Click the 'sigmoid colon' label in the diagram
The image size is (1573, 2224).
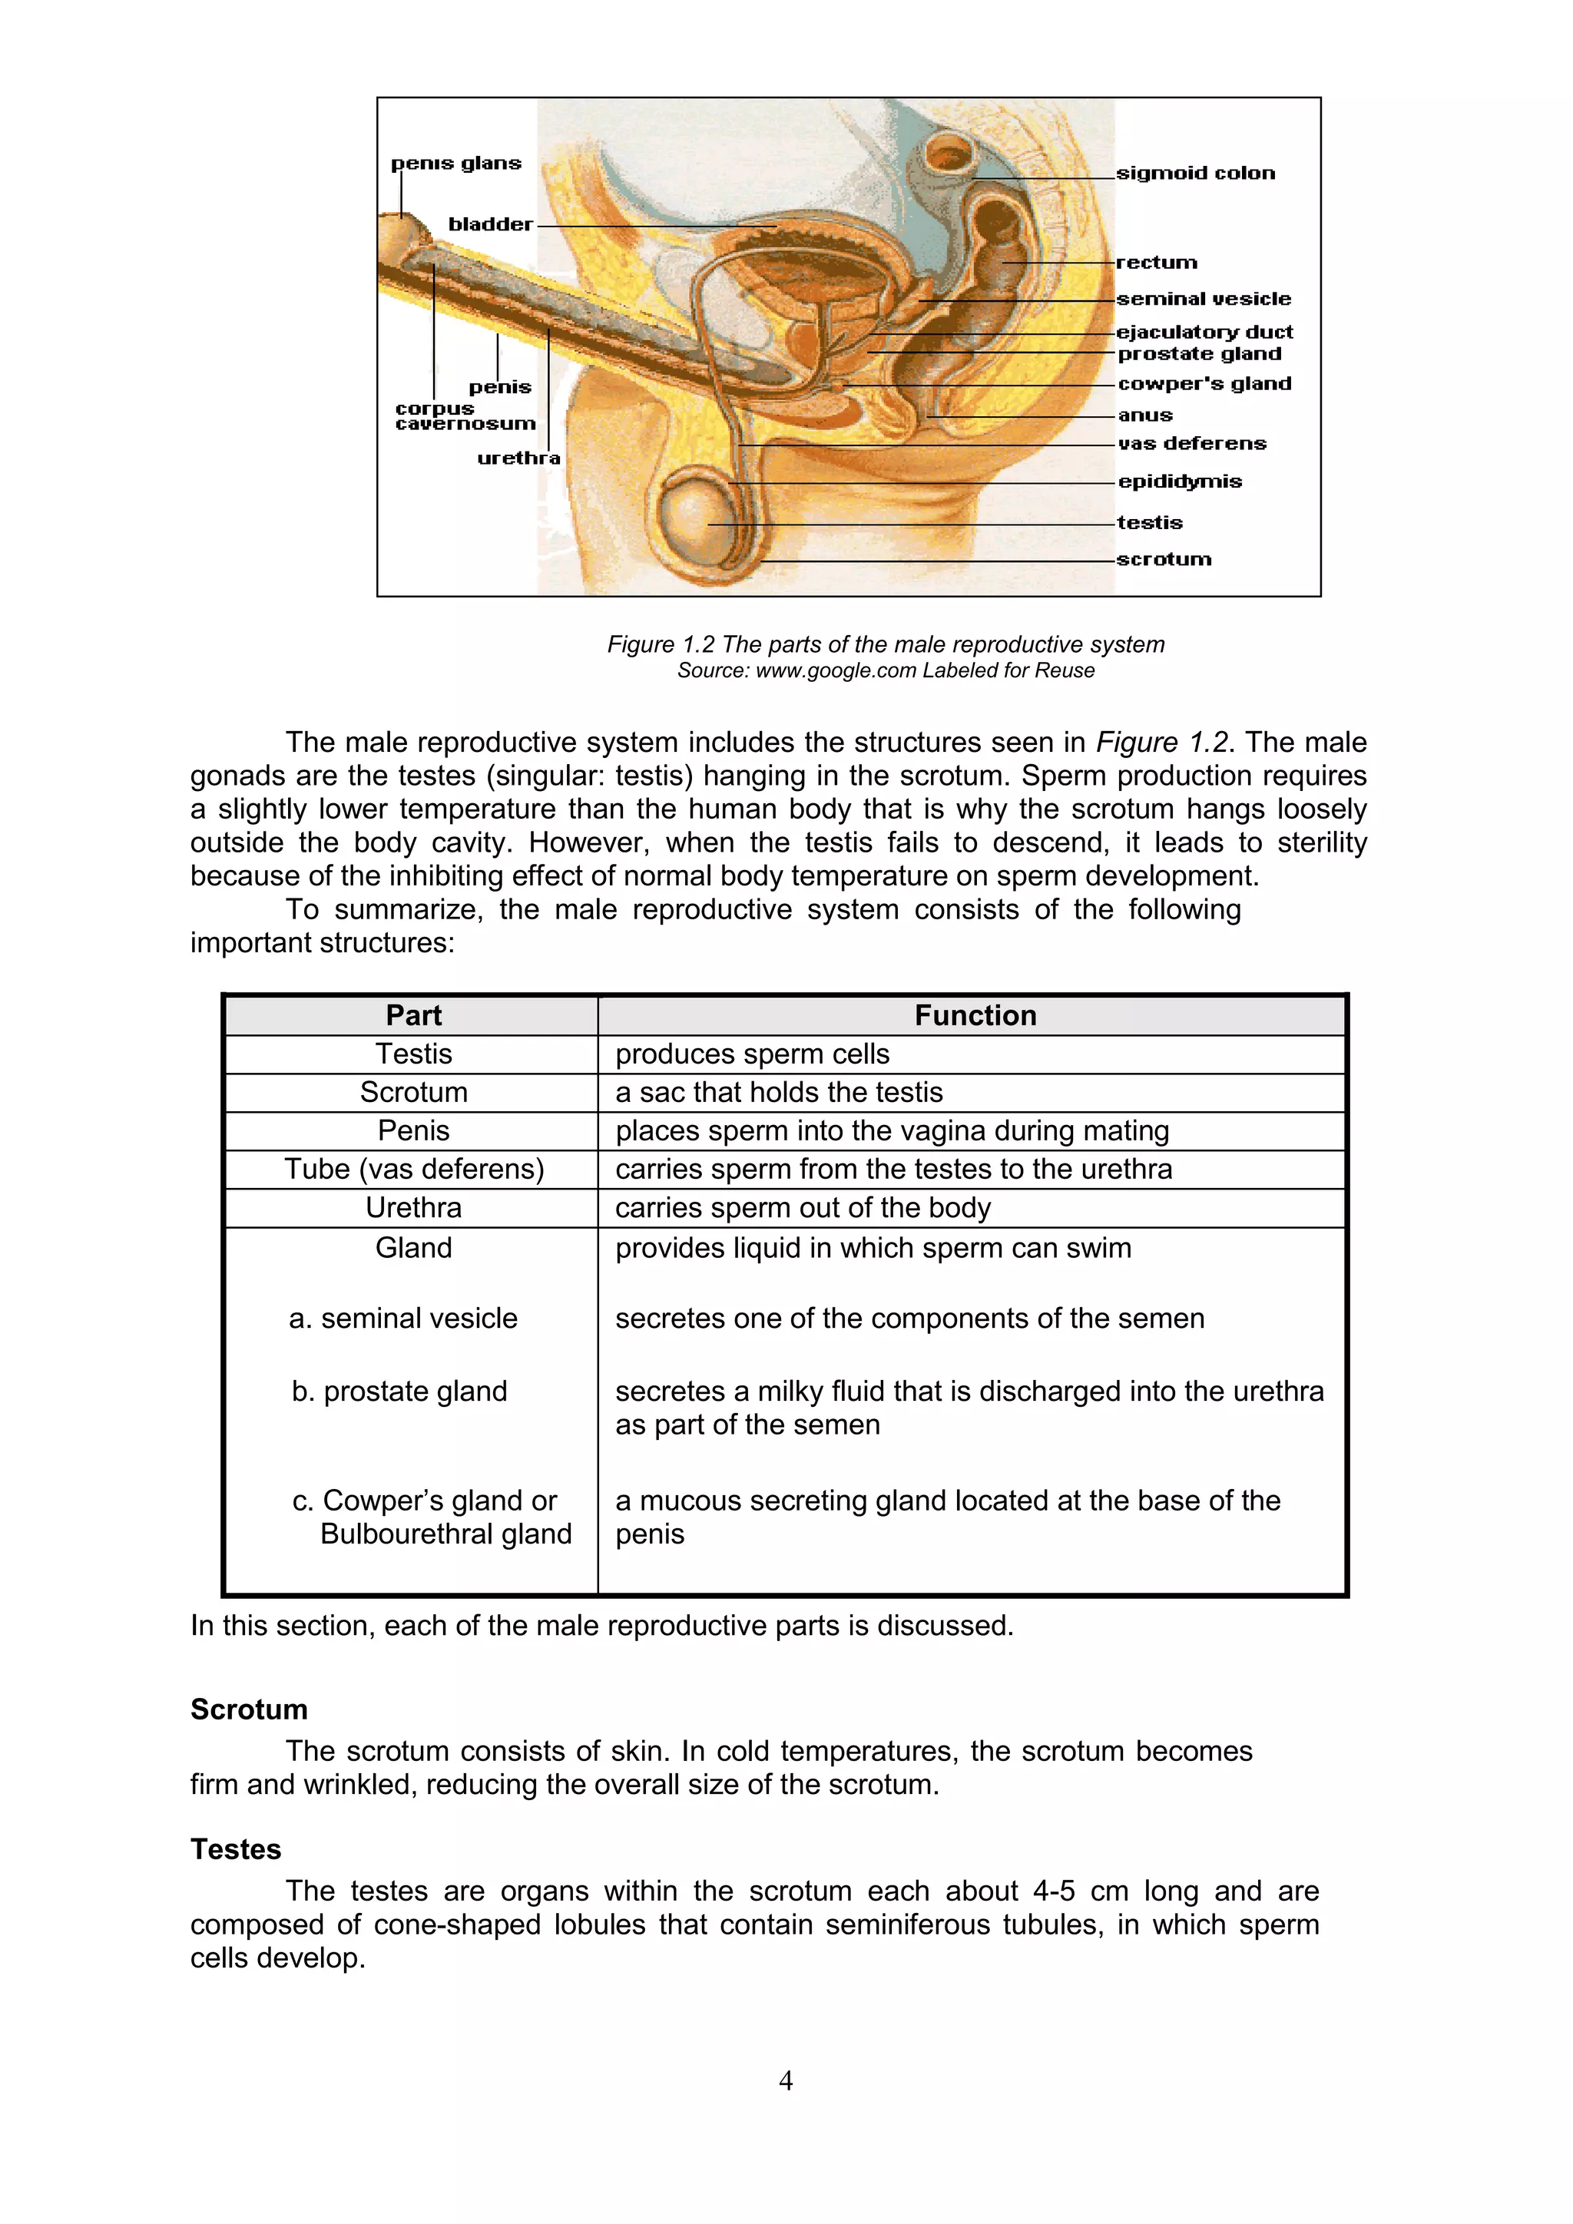[1195, 174]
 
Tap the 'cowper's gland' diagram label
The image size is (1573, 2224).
[1204, 383]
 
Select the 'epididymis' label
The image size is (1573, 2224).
[1179, 482]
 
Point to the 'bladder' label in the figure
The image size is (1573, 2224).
[490, 225]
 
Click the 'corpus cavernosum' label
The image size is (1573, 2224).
[465, 416]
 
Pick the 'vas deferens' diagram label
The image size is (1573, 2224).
[1191, 444]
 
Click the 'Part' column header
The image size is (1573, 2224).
[413, 1015]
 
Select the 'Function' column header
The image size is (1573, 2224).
[975, 1015]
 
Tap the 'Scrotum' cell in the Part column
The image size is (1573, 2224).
[413, 1092]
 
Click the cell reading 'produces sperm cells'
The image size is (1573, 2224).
[752, 1054]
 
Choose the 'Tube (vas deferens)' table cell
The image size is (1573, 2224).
[413, 1169]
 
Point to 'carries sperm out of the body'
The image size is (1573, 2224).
[803, 1208]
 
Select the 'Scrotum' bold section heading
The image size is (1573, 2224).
[249, 1709]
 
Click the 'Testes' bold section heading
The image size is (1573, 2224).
[235, 1849]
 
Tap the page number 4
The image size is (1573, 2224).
[786, 2080]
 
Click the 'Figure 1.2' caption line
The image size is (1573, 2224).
[886, 644]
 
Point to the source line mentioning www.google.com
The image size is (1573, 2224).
[886, 670]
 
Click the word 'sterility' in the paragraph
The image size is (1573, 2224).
[1321, 842]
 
